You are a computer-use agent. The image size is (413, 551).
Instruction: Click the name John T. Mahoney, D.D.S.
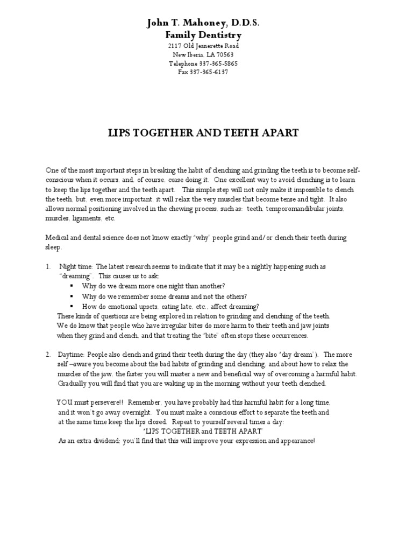point(203,23)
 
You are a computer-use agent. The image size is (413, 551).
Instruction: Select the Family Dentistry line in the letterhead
point(203,35)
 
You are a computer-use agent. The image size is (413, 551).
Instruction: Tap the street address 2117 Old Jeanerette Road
point(203,46)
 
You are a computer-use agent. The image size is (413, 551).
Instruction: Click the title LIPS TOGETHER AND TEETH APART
point(203,132)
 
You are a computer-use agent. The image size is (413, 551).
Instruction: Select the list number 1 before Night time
point(48,266)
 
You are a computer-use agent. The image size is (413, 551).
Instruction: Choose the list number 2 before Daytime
point(48,355)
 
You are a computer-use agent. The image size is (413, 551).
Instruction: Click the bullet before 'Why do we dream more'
point(72,286)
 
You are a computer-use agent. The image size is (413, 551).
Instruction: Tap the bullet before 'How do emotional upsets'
point(72,306)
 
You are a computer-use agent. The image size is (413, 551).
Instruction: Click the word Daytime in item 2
point(72,355)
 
